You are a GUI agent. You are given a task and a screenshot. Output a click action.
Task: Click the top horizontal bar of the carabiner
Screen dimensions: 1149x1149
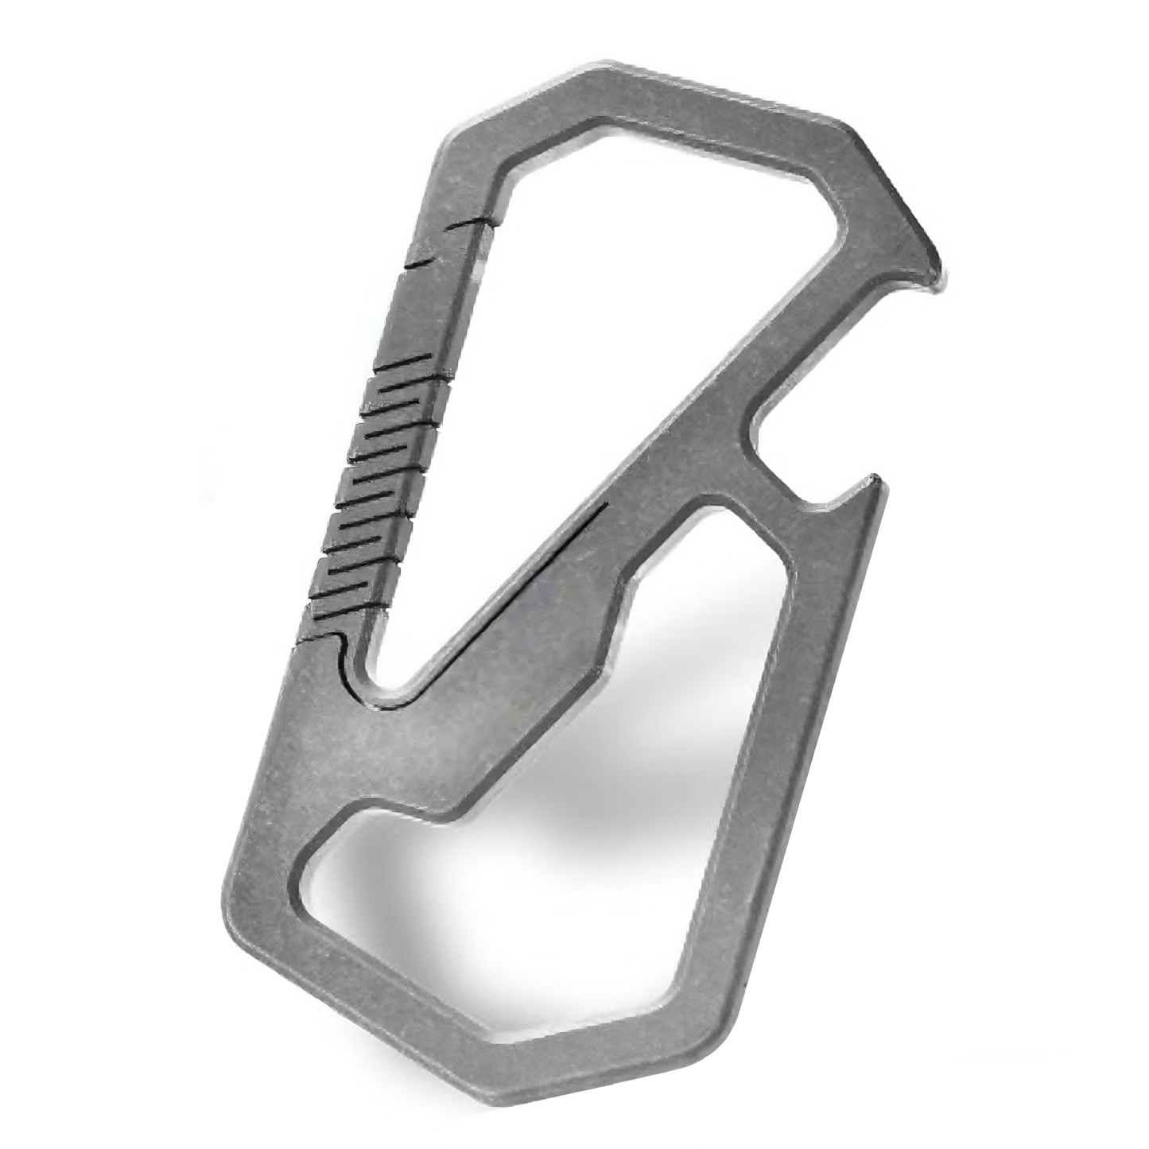pyautogui.click(x=716, y=99)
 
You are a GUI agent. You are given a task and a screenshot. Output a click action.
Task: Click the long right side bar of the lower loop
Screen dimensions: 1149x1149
pyautogui.click(x=803, y=755)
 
